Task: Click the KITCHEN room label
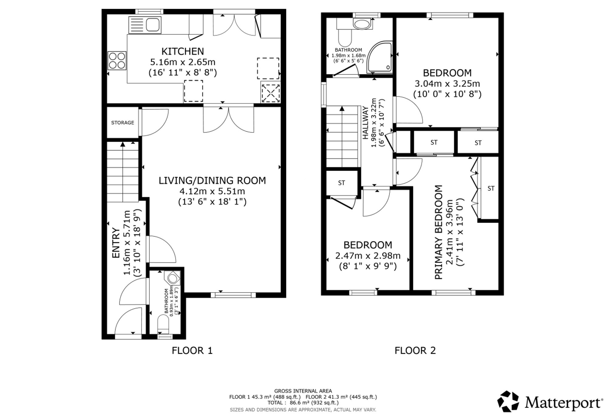(182, 51)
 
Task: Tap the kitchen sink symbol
(145, 25)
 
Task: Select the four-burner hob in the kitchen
(117, 61)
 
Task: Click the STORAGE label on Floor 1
(123, 123)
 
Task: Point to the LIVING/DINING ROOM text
(212, 180)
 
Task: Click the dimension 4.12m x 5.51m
(212, 191)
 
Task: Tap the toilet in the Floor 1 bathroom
(163, 323)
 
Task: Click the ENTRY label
(116, 243)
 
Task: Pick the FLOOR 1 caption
(192, 351)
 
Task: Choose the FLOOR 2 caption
(415, 351)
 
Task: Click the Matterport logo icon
(508, 401)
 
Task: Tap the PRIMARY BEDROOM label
(438, 232)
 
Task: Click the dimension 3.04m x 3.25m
(447, 83)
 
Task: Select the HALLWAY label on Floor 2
(365, 123)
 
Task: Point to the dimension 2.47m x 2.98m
(368, 256)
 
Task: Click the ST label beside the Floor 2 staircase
(341, 183)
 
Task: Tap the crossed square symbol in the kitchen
(271, 93)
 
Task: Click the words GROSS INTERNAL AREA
(303, 391)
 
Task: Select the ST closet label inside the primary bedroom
(491, 189)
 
